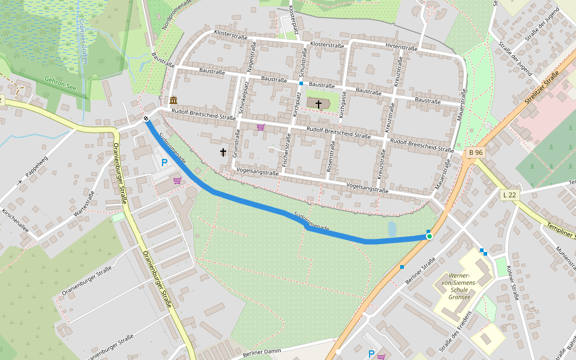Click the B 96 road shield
475,152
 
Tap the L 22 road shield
509,194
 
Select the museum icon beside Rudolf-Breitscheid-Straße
173,100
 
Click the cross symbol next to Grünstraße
223,152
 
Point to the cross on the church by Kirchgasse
319,104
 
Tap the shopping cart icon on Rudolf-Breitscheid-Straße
260,127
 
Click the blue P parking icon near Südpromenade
164,163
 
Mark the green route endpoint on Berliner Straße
429,237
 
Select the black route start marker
146,118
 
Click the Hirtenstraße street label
401,47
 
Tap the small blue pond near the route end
392,229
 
